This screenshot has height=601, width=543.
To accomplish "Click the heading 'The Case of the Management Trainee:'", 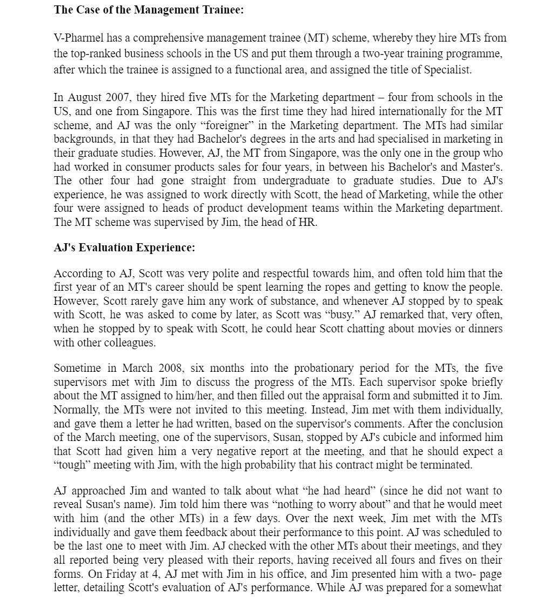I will click(148, 10).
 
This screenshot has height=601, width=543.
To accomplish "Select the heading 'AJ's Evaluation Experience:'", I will click(124, 248).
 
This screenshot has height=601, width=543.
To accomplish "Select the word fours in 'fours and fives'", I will click(433, 560).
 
